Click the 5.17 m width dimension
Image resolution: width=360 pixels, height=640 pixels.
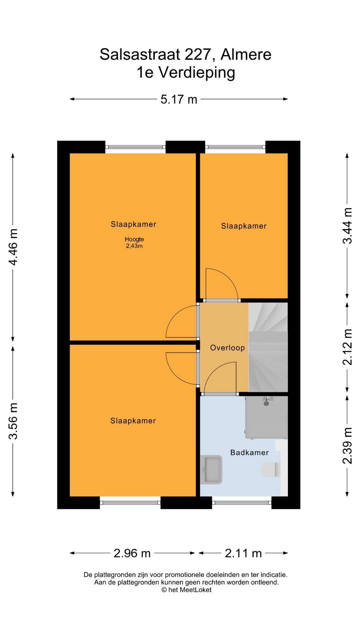point(179,99)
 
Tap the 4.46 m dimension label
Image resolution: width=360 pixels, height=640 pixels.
point(13,247)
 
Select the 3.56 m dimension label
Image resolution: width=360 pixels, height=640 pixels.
point(13,421)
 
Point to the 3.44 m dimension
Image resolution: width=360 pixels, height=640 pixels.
point(347,226)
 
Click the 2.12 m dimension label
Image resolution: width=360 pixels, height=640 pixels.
point(347,347)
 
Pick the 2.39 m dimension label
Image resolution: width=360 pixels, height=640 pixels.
point(347,446)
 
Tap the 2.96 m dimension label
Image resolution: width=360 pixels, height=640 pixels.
point(132,553)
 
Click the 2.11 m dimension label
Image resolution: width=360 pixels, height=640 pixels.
point(243,553)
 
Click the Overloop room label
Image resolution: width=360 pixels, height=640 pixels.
point(227,348)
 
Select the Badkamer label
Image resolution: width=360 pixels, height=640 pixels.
point(249,452)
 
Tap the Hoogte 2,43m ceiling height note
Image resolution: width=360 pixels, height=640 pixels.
point(134,243)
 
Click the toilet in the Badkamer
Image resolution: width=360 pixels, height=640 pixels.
point(270,470)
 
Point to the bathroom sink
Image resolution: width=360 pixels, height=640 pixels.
point(211,469)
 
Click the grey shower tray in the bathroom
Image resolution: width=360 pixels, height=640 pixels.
point(267,417)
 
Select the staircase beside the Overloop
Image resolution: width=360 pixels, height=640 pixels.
point(268,347)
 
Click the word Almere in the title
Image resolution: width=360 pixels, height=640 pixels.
point(246,54)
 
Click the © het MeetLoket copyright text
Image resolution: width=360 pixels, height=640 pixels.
point(186,590)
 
